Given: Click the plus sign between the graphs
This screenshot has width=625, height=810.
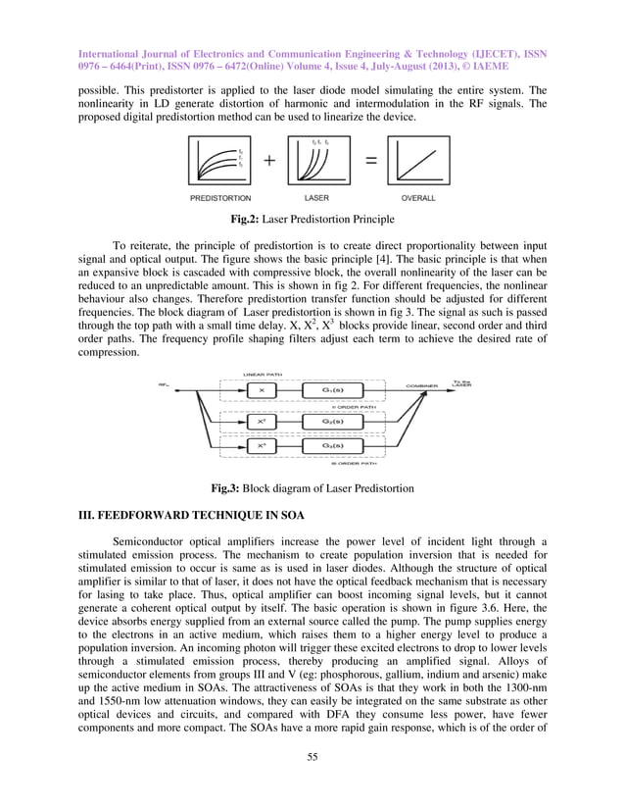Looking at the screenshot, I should (x=266, y=162).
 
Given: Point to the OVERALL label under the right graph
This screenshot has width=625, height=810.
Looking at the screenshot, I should (x=417, y=198).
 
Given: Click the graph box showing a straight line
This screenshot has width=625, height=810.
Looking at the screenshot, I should (x=418, y=161).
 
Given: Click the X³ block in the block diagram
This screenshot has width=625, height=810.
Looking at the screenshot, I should (x=259, y=444).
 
